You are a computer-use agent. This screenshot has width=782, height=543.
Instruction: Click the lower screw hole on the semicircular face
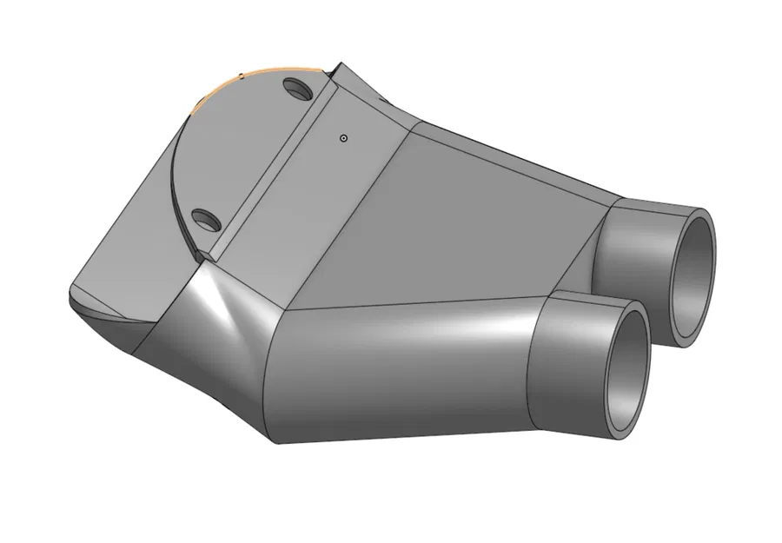click(205, 219)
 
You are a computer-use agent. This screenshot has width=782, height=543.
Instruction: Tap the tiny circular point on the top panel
click(344, 137)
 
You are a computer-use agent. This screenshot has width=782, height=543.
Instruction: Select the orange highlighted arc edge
click(261, 72)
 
